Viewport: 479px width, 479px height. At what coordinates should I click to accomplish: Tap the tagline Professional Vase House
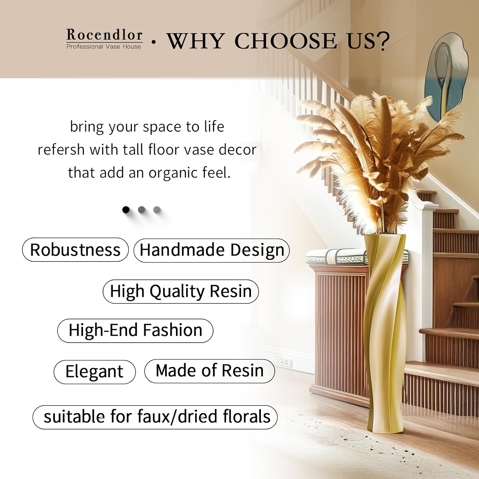point(103,47)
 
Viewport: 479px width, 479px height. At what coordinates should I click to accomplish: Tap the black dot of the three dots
point(126,209)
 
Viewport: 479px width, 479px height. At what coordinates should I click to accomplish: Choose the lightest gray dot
point(157,209)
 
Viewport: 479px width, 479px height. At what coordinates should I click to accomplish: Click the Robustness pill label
point(75,250)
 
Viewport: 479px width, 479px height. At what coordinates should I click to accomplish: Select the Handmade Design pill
point(212,250)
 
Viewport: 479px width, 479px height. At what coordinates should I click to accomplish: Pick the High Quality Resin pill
point(181,291)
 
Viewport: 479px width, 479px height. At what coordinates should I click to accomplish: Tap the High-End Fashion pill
point(135,330)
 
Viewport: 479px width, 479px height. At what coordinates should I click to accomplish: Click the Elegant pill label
point(95,372)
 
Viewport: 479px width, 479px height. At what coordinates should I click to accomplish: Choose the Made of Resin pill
point(210,371)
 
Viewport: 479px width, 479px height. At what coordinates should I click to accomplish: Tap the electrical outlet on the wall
point(284,361)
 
